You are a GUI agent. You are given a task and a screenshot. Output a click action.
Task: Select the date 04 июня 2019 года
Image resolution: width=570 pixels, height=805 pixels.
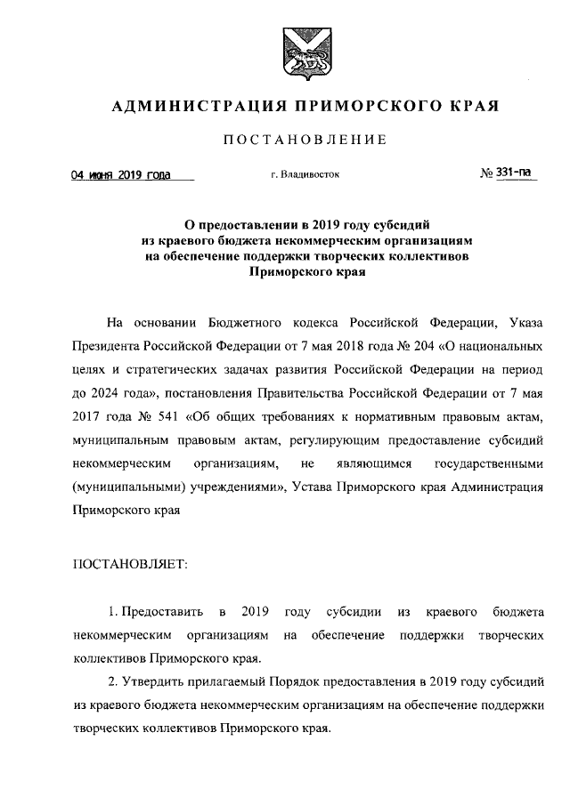121,175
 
